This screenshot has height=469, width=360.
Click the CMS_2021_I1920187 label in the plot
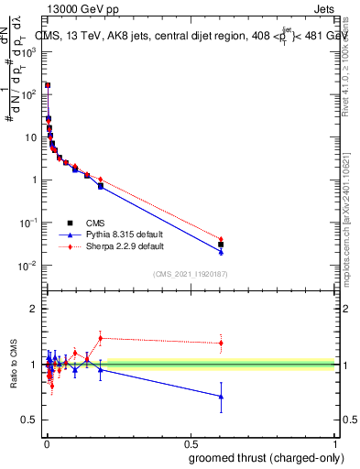click(191, 274)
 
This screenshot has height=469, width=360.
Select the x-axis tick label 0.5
click(191, 443)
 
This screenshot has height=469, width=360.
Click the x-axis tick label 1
click(336, 443)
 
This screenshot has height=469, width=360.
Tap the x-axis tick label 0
click(46, 443)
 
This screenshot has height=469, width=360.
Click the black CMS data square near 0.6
click(221, 245)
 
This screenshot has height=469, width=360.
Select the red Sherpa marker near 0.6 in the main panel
click(221, 239)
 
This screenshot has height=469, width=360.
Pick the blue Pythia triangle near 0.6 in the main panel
click(221, 251)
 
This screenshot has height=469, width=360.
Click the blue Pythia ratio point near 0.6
click(221, 397)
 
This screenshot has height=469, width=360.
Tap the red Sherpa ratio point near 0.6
click(221, 343)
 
